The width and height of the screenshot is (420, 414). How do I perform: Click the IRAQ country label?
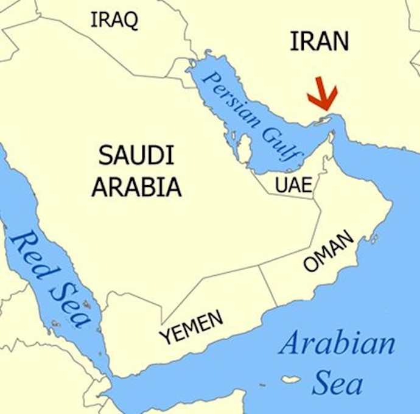(114, 20)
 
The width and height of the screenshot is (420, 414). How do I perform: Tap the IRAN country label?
(319, 41)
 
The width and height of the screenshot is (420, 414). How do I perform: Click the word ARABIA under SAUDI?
(136, 187)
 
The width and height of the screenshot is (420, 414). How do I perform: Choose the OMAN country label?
(328, 251)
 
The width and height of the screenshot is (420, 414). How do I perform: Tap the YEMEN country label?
(191, 328)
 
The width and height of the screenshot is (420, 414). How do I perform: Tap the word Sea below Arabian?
(337, 384)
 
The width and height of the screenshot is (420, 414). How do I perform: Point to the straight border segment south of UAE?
(286, 197)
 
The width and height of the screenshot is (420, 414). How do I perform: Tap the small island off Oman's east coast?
(375, 238)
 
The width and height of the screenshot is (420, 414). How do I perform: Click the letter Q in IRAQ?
(130, 21)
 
